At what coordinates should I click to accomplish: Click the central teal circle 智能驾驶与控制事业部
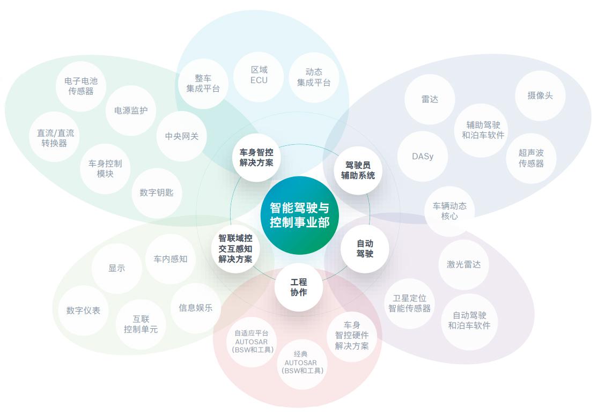coord(299,215)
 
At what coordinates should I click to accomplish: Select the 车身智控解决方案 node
coord(256,158)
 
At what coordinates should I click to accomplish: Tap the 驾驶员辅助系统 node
coord(358,170)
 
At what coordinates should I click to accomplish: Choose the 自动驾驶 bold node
coord(365,249)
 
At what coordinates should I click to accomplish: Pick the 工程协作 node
coord(299,287)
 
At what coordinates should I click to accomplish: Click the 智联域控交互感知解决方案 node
coord(235,249)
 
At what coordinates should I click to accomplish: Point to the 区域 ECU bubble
coord(259,76)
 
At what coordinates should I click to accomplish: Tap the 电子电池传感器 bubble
coord(81,86)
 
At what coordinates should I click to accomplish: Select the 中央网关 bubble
coord(182,136)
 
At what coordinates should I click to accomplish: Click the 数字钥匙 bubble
coord(156,193)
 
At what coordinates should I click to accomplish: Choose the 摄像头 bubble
coord(540,95)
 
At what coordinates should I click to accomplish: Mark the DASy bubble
coord(423,156)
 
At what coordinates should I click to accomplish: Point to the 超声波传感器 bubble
coord(531,158)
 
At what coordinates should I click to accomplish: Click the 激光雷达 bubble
coord(464,265)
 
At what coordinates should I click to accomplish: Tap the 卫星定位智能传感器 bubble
coord(409,304)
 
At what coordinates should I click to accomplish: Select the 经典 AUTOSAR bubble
coord(302,363)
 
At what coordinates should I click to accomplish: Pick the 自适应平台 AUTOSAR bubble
coord(252,342)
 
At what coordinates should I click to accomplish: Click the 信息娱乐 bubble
coord(196,308)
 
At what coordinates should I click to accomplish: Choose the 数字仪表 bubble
coord(83,310)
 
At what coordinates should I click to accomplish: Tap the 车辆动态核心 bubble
coord(449,211)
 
